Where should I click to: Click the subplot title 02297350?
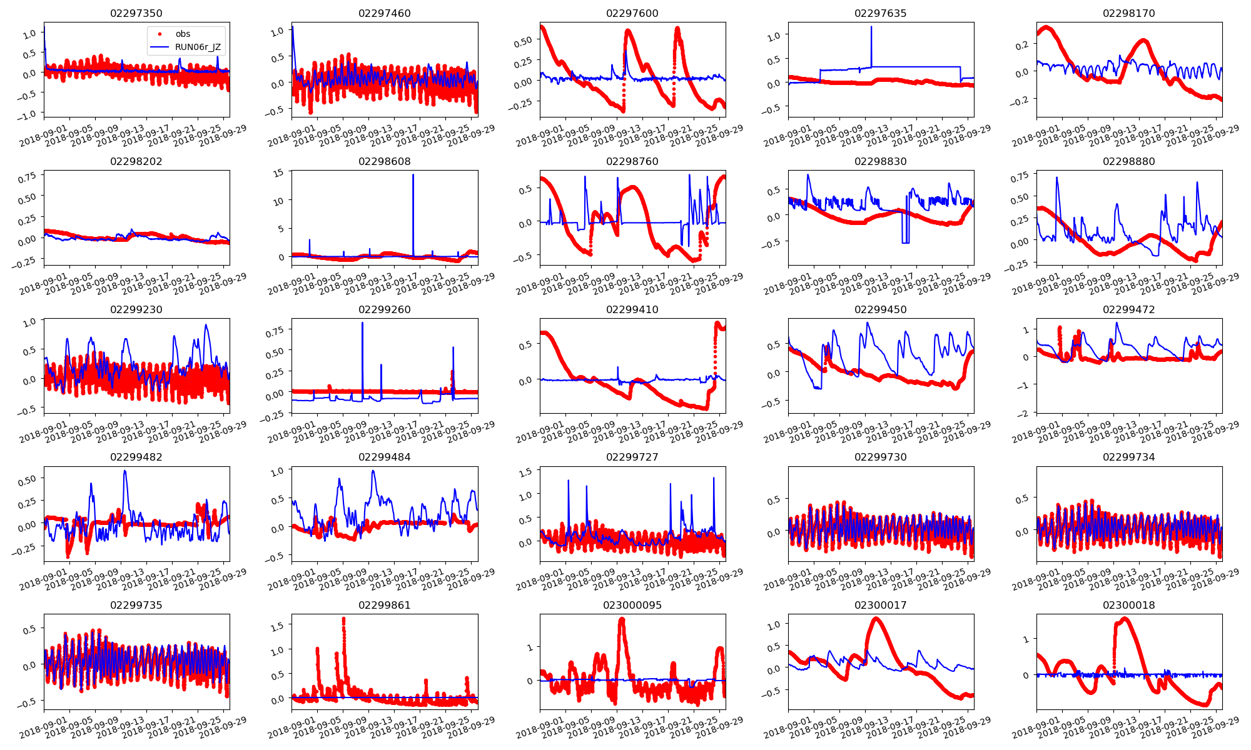coord(136,13)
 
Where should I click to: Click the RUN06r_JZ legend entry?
coord(197,47)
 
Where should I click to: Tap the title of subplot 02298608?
coord(384,161)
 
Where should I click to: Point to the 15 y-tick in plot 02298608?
coord(279,173)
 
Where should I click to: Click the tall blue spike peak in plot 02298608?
coord(413,175)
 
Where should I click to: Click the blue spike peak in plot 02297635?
coord(871,27)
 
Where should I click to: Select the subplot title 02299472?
coord(1128,309)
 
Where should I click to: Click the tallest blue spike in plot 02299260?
coord(362,323)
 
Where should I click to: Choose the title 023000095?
coord(632,605)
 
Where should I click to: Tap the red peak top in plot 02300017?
coord(875,619)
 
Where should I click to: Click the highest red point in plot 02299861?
coord(343,619)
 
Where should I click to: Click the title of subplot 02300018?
coord(1128,605)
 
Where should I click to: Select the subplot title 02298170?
coord(1128,13)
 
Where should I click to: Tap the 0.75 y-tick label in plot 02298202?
coord(27,178)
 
